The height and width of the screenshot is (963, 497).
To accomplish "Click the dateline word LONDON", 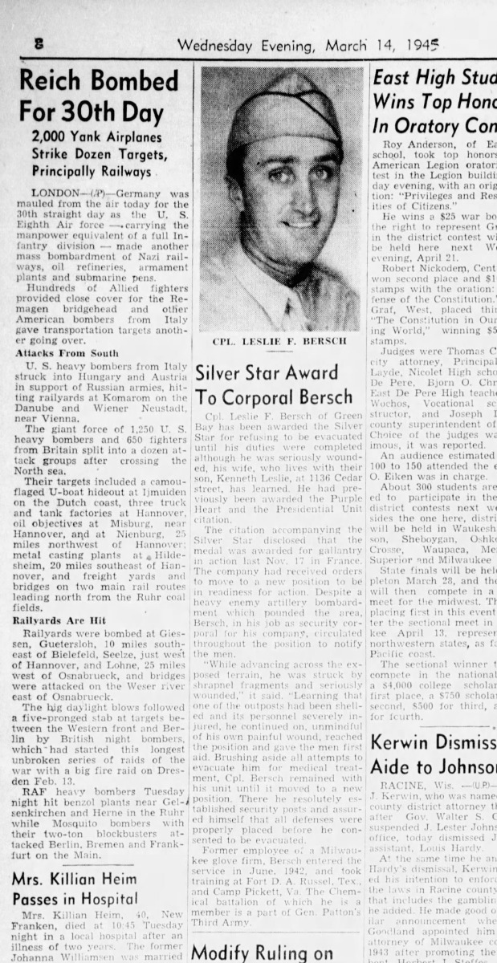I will [55, 194].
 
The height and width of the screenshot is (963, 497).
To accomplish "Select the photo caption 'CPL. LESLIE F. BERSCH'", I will [279, 341].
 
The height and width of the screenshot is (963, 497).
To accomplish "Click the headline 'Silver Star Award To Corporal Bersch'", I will [274, 384].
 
